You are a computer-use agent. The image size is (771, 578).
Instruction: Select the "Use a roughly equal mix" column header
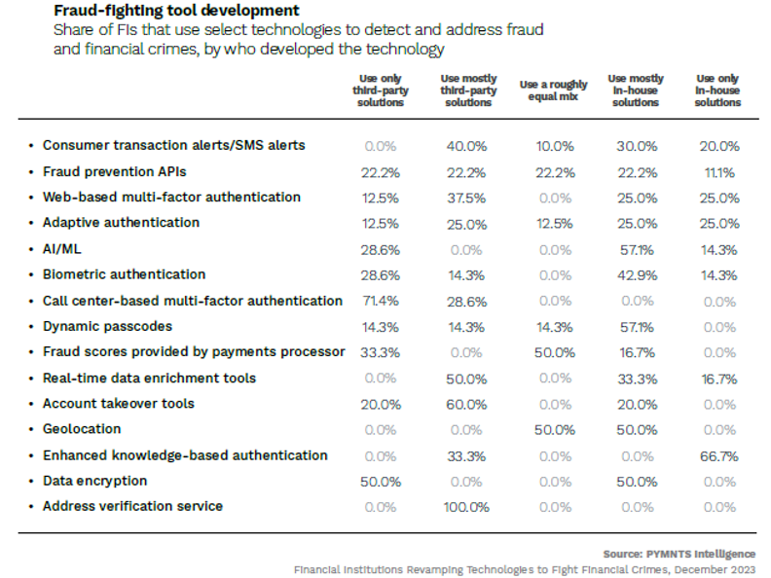pos(554,90)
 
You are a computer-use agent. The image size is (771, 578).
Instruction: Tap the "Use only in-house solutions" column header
pos(718,90)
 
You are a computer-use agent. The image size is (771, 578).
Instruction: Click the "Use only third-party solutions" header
pos(381,90)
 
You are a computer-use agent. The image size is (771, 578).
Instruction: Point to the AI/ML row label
pos(61,248)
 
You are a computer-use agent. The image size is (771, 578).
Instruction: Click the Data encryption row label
pos(94,481)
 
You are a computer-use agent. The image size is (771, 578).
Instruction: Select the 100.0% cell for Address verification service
pos(467,506)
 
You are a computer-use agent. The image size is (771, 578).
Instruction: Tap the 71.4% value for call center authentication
pos(381,301)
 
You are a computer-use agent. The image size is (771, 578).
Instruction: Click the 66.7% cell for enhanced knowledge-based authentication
pos(718,455)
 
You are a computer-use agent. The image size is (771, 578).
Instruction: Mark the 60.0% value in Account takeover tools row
pos(467,404)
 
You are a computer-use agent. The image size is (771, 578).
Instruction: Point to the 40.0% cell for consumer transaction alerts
pos(467,146)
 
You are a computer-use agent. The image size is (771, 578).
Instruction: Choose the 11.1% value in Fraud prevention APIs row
pos(718,172)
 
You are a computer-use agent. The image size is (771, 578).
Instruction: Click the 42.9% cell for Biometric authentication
pos(636,275)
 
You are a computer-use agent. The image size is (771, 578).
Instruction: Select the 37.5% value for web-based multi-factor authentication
pos(467,198)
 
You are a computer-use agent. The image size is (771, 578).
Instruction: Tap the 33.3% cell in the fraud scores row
pos(381,352)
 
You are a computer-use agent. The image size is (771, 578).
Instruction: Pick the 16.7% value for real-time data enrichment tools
pos(718,379)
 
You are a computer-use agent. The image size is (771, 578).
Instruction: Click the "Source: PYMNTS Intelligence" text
pos(679,553)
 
